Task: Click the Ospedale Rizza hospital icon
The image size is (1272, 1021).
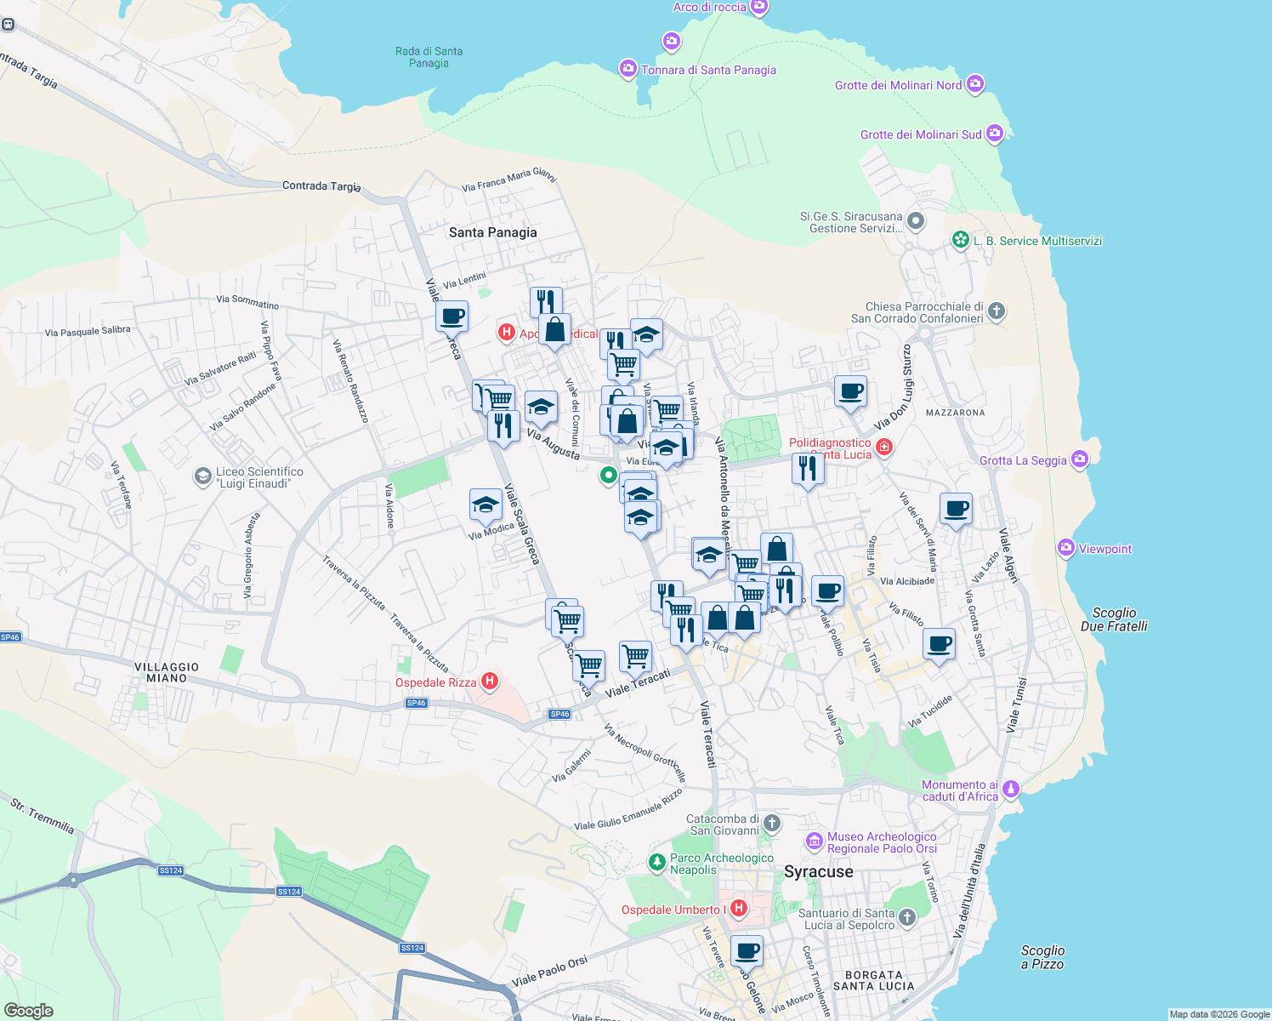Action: [490, 681]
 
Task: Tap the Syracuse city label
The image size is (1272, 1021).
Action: [818, 872]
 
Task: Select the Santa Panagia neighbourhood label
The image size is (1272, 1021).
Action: [493, 232]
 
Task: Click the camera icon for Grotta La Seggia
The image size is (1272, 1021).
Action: [1080, 460]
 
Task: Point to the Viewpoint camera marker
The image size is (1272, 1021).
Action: [1066, 549]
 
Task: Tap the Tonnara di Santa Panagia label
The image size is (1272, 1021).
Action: [708, 70]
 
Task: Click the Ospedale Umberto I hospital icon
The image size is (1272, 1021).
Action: [739, 909]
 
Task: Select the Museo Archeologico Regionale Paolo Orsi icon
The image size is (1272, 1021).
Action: [815, 842]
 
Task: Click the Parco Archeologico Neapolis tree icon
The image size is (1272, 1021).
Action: [656, 863]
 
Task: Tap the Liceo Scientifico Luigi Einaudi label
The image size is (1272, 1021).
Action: [259, 477]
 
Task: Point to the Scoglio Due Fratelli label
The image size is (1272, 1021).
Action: [1114, 619]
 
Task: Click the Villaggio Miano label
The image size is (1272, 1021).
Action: [167, 673]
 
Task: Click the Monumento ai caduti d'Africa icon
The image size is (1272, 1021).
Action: [1011, 790]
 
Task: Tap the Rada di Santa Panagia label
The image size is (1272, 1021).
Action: [429, 57]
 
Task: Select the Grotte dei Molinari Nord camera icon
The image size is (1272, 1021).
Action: [975, 84]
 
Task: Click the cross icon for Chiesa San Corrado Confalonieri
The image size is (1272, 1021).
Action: [997, 311]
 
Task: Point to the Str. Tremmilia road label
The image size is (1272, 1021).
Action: [43, 815]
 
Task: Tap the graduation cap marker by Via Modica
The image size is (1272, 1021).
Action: [486, 505]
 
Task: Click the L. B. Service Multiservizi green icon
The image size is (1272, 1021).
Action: [961, 240]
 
